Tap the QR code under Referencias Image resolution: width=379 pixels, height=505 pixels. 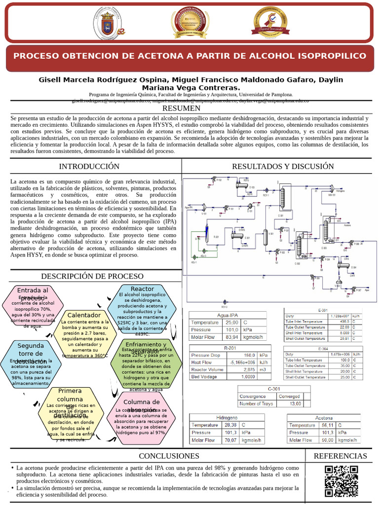[x=341, y=481]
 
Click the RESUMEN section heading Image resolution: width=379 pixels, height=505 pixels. [x=181, y=108]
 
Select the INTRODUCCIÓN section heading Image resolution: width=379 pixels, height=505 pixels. [x=89, y=166]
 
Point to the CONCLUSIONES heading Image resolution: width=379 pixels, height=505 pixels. [x=169, y=456]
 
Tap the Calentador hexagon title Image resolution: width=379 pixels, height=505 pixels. [x=84, y=315]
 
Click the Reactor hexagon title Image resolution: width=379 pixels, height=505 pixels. [x=142, y=289]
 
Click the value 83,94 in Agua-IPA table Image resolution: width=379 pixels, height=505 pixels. [x=228, y=337]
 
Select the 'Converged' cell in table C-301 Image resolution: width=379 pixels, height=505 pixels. [x=289, y=396]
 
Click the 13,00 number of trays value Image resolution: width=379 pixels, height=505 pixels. [x=295, y=404]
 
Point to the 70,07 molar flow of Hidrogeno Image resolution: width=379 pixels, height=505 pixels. [x=230, y=440]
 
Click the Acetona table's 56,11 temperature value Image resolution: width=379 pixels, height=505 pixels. [x=327, y=425]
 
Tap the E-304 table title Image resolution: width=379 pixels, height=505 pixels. [x=323, y=348]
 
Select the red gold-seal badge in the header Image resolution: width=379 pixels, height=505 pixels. [x=190, y=23]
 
